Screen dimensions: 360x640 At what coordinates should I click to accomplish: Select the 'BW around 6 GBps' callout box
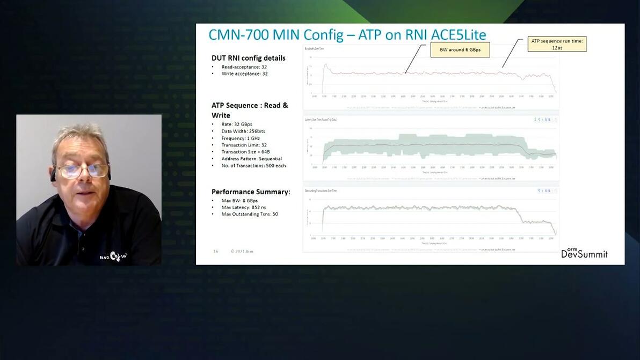(x=460, y=50)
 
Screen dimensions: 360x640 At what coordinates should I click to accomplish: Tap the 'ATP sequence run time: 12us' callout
(x=557, y=44)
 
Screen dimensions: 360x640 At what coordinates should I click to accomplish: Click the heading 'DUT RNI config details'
(x=248, y=58)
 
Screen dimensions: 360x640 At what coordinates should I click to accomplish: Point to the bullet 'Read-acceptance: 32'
(x=244, y=67)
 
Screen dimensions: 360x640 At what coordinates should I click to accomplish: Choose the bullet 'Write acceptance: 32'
(x=244, y=74)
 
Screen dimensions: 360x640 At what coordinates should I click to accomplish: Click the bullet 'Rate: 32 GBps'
(x=236, y=124)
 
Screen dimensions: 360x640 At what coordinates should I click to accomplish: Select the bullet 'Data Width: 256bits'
(x=243, y=131)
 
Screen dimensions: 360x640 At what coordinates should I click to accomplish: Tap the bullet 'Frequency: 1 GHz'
(x=240, y=138)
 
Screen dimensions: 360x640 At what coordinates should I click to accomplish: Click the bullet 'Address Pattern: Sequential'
(x=251, y=159)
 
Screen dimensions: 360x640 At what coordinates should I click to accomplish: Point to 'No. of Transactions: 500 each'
(x=253, y=166)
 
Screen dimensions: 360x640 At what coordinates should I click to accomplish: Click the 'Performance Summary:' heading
(x=251, y=192)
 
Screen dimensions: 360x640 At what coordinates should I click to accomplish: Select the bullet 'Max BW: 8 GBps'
(x=239, y=201)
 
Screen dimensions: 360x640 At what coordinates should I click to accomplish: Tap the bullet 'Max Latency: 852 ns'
(x=243, y=207)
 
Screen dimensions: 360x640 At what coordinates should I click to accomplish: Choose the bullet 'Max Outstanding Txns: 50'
(x=249, y=214)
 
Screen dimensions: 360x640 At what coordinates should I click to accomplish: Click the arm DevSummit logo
(x=584, y=253)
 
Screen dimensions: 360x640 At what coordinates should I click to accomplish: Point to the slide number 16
(x=216, y=251)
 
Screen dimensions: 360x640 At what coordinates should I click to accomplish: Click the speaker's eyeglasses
(x=83, y=171)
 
